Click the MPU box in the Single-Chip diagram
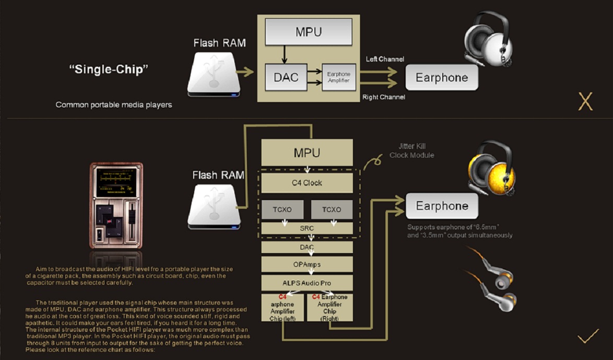(309, 32)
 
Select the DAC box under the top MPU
(286, 77)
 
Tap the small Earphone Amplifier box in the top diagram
(338, 77)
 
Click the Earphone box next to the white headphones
(442, 78)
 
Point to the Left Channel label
(385, 59)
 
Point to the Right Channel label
(384, 97)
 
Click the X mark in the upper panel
(585, 101)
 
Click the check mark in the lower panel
(588, 337)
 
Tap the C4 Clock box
(307, 183)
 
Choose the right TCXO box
(332, 210)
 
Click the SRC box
(307, 228)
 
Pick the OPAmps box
(307, 264)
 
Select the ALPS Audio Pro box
(307, 283)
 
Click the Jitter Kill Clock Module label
(412, 150)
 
